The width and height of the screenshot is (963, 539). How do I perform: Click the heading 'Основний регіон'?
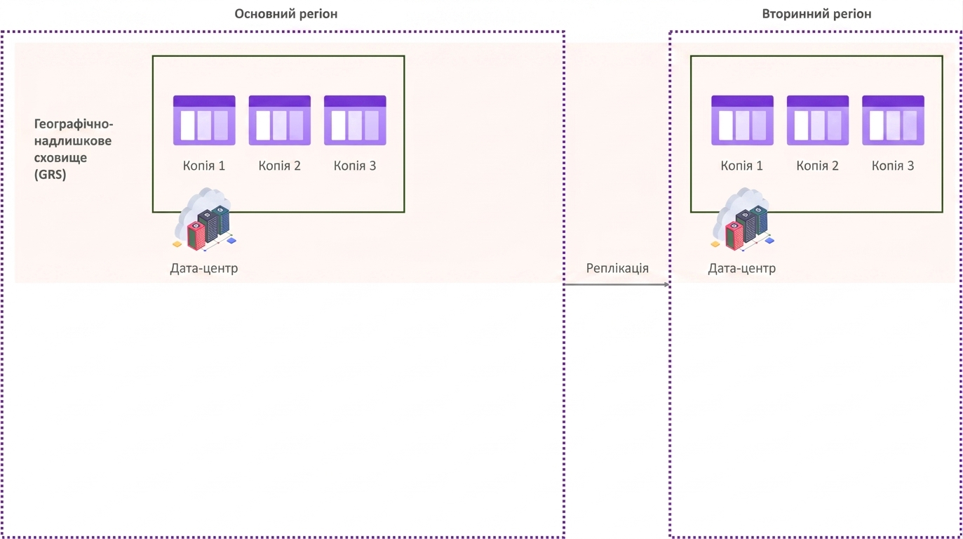click(286, 14)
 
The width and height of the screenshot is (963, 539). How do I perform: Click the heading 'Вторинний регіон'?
click(816, 14)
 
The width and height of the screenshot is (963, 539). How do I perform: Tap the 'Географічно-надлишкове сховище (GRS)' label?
click(74, 149)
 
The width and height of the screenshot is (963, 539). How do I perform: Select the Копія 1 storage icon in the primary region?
click(204, 121)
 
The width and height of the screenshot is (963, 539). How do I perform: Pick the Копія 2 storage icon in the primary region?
click(279, 121)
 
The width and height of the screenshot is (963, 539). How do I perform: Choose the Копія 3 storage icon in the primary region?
click(355, 121)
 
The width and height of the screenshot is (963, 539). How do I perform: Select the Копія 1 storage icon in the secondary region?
click(743, 121)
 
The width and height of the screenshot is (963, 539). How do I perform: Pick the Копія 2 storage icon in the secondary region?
click(818, 121)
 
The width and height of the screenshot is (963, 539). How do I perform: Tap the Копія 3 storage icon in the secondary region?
click(893, 121)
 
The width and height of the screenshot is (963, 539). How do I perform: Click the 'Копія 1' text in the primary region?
click(204, 166)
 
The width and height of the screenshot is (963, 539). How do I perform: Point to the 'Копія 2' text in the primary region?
click(279, 166)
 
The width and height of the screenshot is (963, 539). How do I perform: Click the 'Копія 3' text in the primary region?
click(355, 166)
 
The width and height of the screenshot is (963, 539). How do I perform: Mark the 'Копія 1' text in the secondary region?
click(742, 166)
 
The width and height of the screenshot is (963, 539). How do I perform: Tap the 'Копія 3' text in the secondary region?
click(893, 166)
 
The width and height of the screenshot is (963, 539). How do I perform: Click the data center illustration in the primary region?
click(205, 220)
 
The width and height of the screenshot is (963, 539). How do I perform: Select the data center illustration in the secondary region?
click(743, 220)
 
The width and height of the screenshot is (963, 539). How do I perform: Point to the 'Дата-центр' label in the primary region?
click(204, 268)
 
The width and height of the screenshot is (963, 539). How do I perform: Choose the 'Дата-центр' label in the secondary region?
click(742, 268)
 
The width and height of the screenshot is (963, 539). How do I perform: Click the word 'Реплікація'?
click(617, 268)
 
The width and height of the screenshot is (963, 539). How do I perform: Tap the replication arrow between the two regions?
click(617, 284)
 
